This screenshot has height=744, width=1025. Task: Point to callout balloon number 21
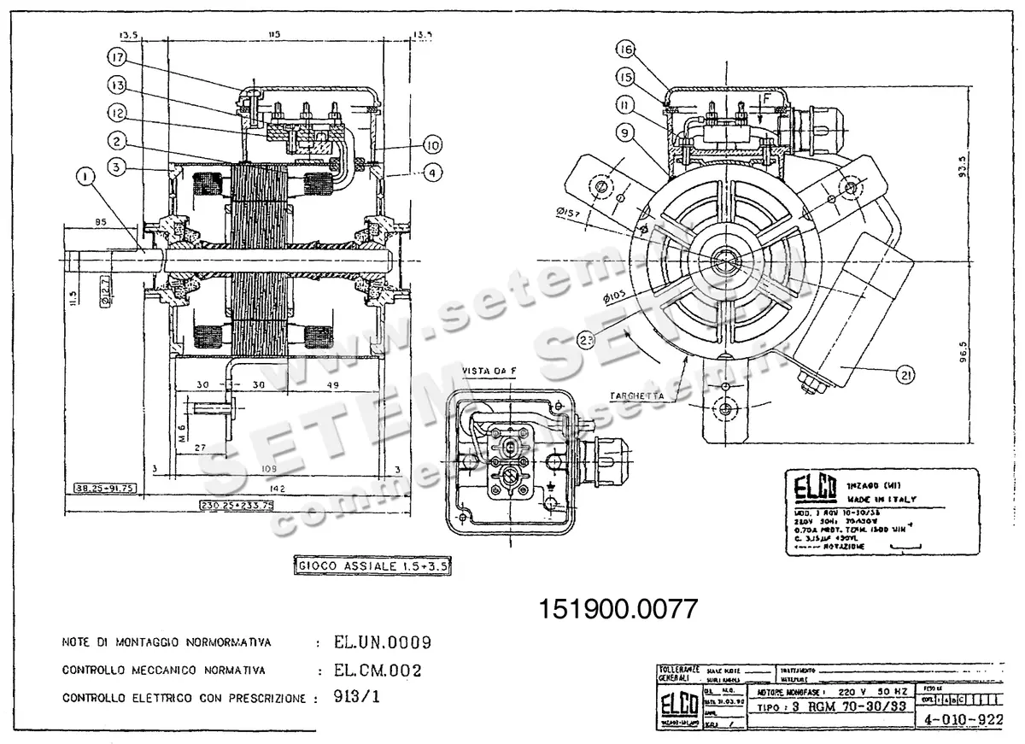click(x=905, y=372)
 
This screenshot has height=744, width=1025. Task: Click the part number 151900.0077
click(x=619, y=608)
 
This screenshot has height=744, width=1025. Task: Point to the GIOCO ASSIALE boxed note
click(x=372, y=565)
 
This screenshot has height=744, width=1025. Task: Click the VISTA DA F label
click(x=489, y=370)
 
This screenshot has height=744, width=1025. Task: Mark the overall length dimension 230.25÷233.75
click(x=236, y=505)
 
